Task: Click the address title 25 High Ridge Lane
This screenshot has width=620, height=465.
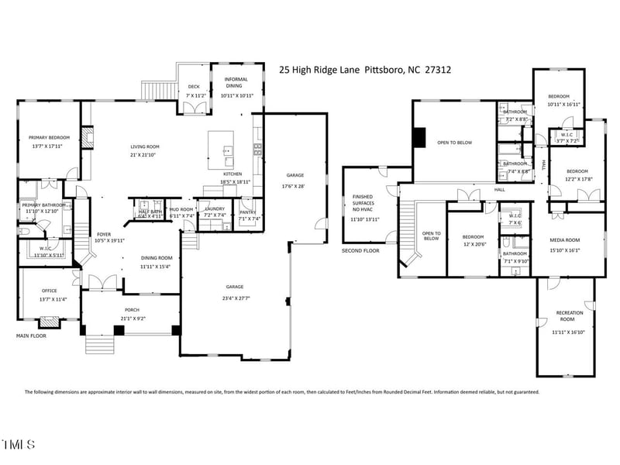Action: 365,70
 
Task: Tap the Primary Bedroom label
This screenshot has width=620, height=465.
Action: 46,138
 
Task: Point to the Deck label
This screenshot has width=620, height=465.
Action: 195,88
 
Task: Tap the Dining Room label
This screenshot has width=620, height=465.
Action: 156,258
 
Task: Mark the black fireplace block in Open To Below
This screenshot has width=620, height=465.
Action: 420,136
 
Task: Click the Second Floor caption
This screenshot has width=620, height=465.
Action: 360,251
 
